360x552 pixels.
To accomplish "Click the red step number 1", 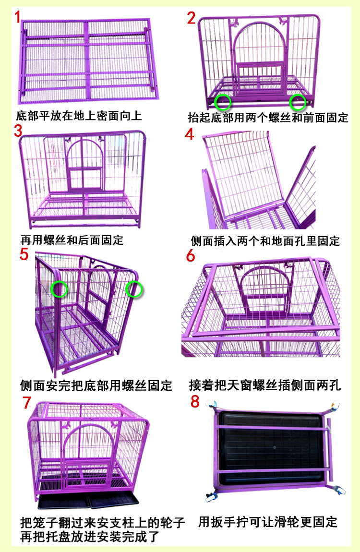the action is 18,18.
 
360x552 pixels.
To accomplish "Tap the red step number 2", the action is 191,18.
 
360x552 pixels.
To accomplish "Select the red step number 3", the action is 18,131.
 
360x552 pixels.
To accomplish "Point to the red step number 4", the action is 190,134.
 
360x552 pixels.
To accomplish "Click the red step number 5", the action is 24,253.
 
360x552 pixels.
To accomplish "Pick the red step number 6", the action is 191,256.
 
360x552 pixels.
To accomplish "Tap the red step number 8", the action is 194,401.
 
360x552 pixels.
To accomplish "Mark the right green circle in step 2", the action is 298,101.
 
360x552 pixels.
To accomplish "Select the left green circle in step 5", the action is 60,289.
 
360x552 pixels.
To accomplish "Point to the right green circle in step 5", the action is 134,289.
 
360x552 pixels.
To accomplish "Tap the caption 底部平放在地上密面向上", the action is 79,116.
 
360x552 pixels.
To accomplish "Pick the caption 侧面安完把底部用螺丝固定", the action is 96,385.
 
